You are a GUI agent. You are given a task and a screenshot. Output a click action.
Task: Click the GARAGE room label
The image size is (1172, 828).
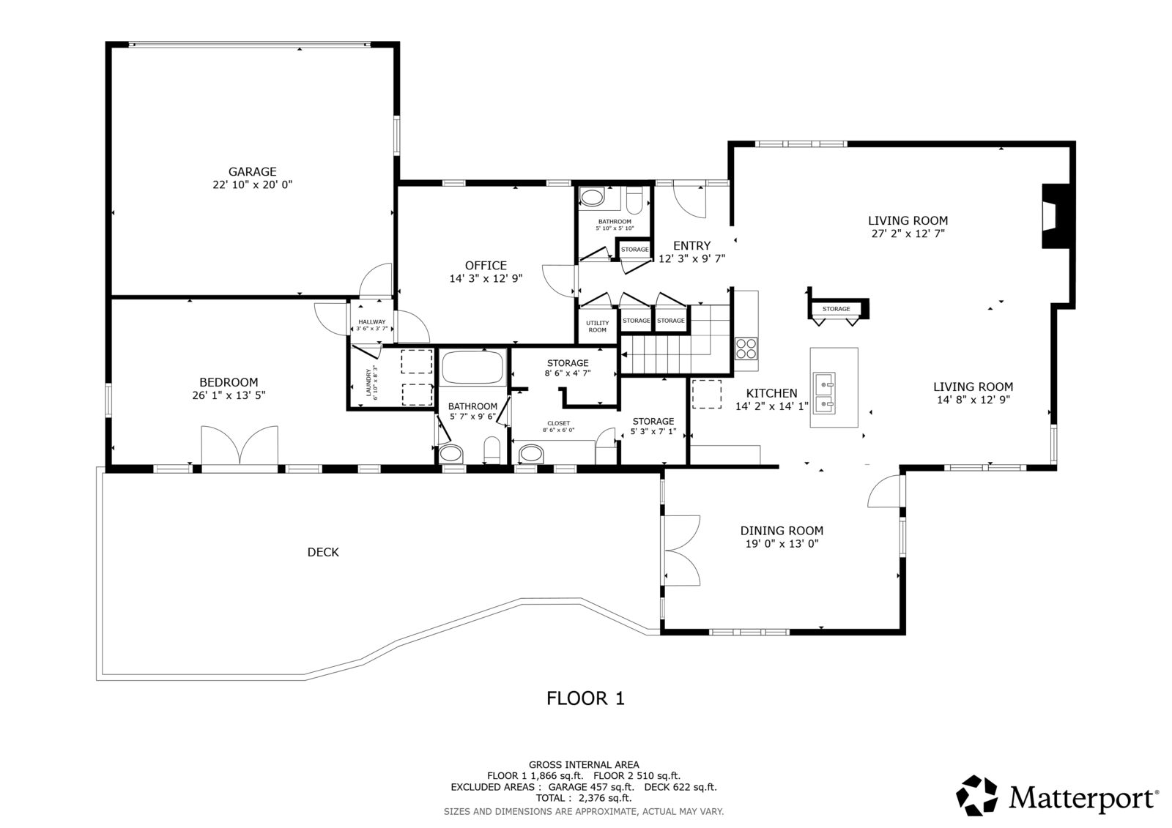click(252, 171)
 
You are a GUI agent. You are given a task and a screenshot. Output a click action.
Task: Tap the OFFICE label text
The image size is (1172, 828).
click(486, 266)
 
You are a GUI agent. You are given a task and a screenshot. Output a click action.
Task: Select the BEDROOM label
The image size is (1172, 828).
click(229, 382)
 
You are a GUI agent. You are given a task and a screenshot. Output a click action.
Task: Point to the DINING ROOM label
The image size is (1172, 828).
click(782, 531)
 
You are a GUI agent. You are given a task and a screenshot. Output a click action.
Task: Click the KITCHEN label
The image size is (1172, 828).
click(771, 393)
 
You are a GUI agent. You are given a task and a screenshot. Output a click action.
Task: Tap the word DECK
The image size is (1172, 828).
click(323, 552)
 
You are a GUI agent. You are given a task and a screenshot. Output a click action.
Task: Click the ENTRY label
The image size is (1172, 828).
click(691, 246)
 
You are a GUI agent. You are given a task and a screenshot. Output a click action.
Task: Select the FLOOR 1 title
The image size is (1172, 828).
click(585, 698)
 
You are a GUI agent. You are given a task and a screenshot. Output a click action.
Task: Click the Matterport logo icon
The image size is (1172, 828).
click(977, 796)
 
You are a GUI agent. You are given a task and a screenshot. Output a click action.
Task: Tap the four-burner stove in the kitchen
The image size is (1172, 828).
click(746, 349)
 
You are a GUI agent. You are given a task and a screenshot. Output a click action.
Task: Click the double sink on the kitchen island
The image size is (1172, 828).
click(823, 393)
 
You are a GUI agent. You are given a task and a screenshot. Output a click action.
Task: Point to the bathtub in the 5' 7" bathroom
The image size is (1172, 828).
click(472, 368)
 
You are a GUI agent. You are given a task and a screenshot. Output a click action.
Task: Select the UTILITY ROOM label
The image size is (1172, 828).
click(597, 327)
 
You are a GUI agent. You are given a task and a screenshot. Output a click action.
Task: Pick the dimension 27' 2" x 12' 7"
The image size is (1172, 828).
click(908, 234)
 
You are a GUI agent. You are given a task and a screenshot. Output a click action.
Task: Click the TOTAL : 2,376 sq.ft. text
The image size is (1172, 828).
click(583, 798)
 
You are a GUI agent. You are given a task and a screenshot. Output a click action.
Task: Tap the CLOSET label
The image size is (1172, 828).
click(559, 423)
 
